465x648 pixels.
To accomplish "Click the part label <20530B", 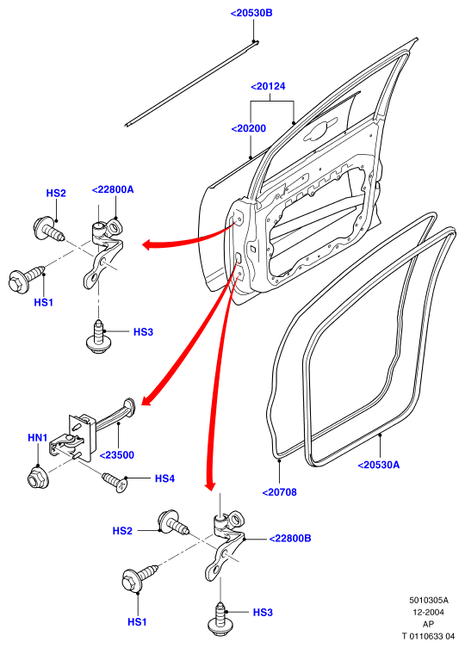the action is (x=251, y=13).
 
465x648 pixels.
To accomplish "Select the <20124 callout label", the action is (x=268, y=86).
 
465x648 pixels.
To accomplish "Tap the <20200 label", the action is (x=249, y=128).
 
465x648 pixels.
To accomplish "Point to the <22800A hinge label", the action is (x=113, y=189).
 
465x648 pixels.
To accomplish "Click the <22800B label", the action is (x=290, y=539).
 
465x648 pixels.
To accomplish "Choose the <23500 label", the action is (x=117, y=455).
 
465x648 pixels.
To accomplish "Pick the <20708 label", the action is (x=280, y=492).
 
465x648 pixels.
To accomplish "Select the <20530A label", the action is (x=379, y=465).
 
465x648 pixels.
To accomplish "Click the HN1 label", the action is (x=38, y=437).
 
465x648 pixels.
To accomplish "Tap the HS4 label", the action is (x=164, y=478).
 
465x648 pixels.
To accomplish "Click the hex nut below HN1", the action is (x=38, y=478).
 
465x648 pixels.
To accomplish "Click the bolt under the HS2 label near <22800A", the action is (x=49, y=230).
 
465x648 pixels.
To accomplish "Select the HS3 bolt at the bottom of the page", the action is (x=220, y=620).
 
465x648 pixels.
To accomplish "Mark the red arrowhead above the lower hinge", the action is (x=211, y=484).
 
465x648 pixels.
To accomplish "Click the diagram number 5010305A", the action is (x=429, y=600).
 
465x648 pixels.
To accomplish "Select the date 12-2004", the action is (x=429, y=612).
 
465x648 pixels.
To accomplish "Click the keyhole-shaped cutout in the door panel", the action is (x=319, y=131).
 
